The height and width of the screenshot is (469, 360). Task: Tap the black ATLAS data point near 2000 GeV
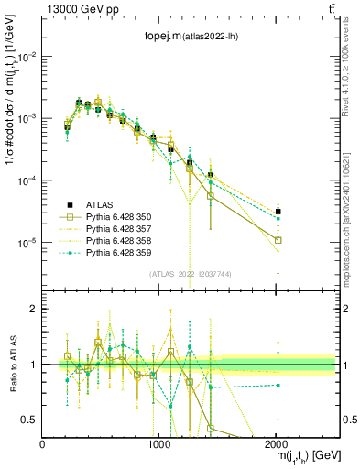[278, 212]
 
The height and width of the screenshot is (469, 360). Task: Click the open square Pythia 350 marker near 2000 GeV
[278, 241]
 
